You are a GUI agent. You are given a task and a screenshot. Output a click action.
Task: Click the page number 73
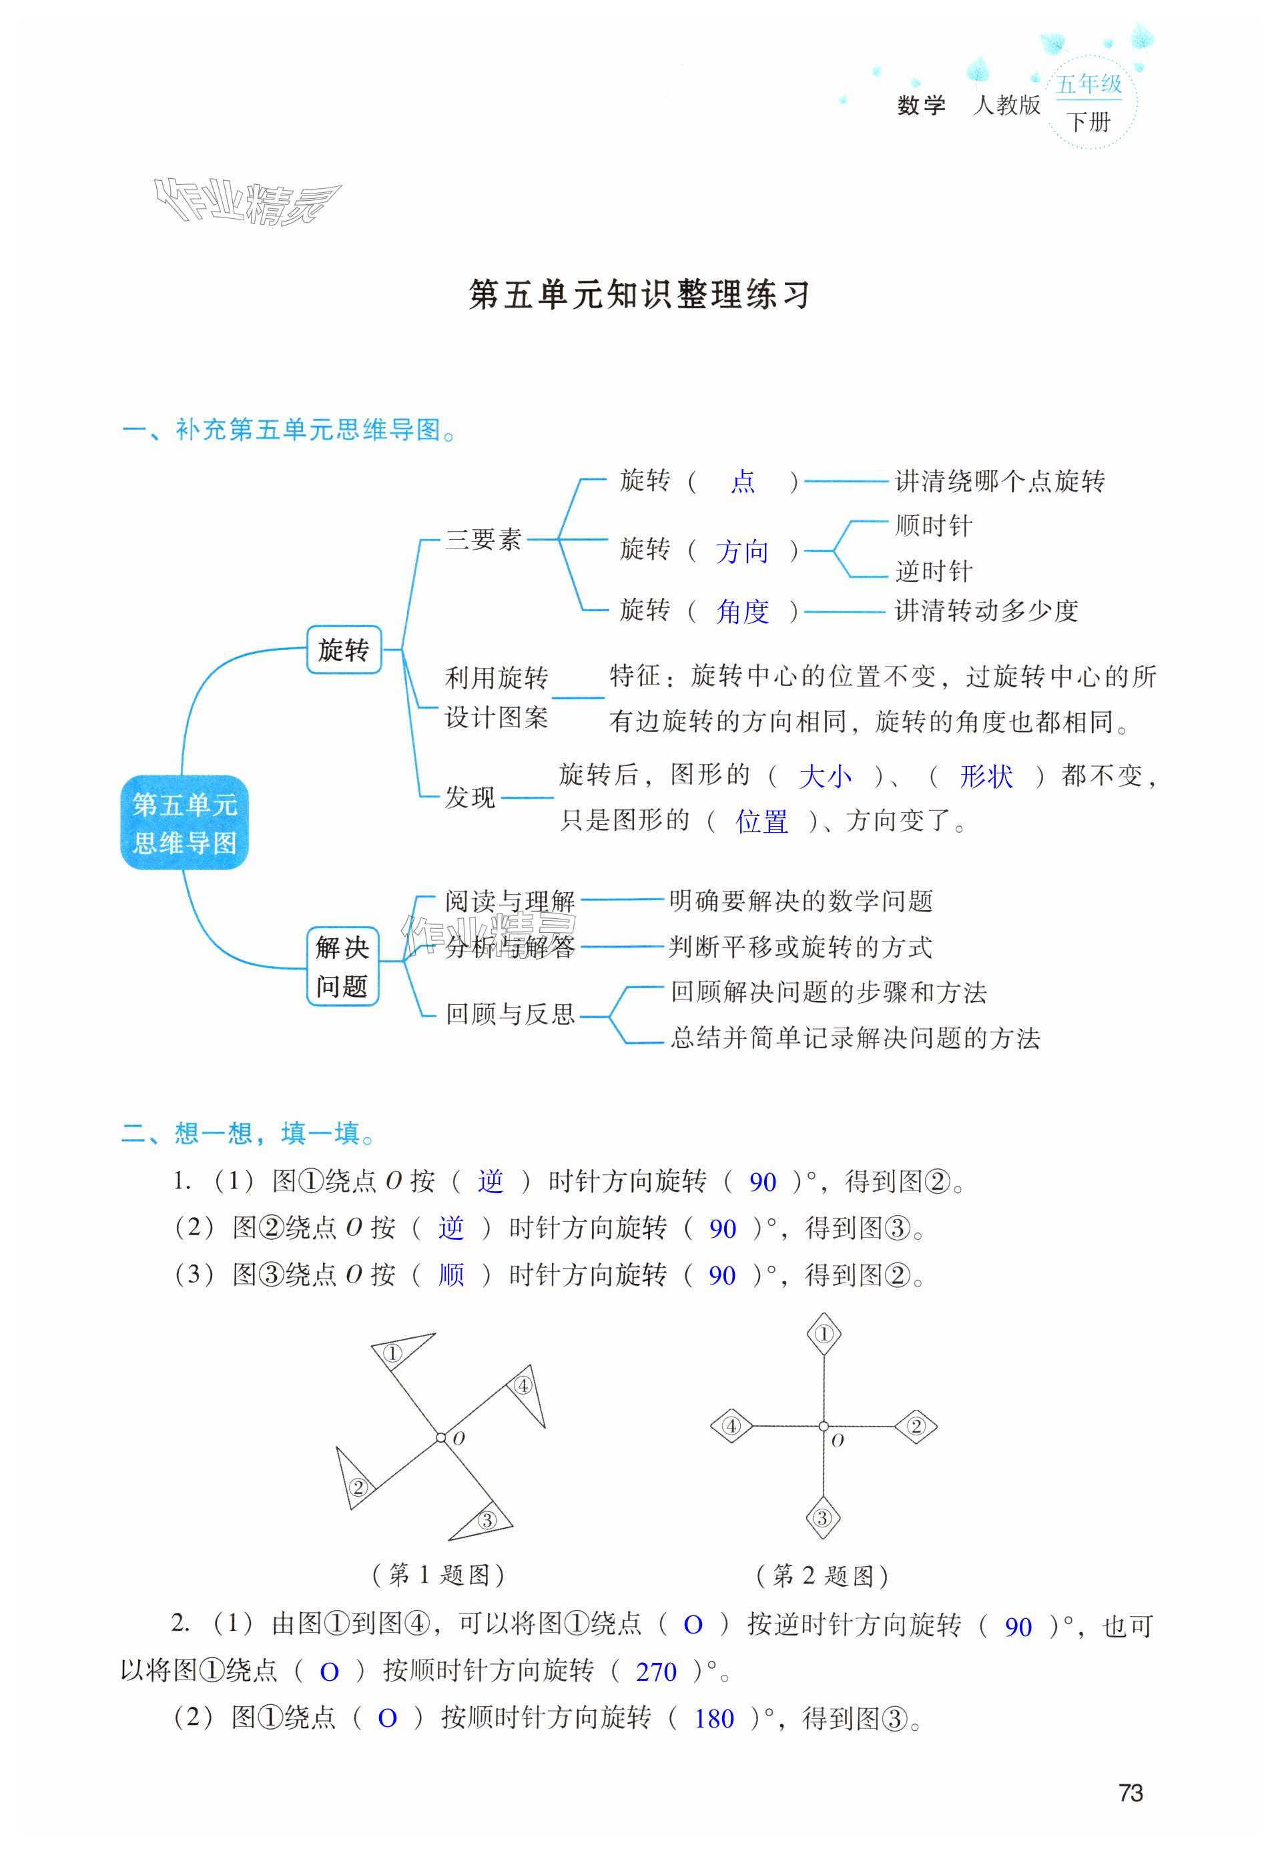pyautogui.click(x=1130, y=1792)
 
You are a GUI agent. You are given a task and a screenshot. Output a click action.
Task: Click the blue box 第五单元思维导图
pyautogui.click(x=184, y=823)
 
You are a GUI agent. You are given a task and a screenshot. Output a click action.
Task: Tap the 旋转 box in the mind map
pyautogui.click(x=343, y=649)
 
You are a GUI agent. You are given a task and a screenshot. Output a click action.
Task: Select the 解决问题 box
pyautogui.click(x=342, y=966)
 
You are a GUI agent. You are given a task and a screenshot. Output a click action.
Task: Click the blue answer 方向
pyautogui.click(x=742, y=552)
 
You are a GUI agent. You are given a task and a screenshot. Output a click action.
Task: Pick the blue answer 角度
pyautogui.click(x=742, y=612)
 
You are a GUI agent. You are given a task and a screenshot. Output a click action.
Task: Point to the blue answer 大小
pyautogui.click(x=824, y=776)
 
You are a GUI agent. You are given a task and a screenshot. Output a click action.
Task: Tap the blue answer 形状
pyautogui.click(x=986, y=776)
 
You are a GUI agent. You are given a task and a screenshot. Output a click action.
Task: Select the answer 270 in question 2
pyautogui.click(x=656, y=1665)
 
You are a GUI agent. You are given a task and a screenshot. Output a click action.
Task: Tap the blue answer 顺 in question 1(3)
pyautogui.click(x=450, y=1274)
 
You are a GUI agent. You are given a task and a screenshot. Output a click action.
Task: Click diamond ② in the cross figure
pyautogui.click(x=915, y=1426)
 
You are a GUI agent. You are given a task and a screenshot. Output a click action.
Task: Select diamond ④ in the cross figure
pyautogui.click(x=731, y=1426)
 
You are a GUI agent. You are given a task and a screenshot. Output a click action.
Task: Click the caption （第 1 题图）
pyautogui.click(x=438, y=1575)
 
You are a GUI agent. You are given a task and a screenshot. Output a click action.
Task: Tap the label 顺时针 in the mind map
pyautogui.click(x=934, y=526)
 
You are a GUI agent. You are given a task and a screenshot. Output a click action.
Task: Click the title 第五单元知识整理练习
pyautogui.click(x=639, y=294)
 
